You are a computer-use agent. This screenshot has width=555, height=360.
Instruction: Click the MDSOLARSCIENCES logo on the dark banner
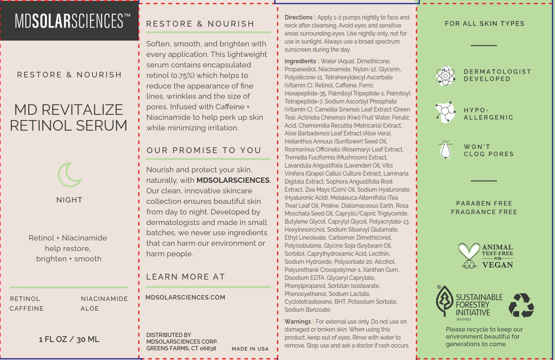coord(72,21)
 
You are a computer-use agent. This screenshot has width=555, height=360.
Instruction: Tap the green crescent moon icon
coord(70,175)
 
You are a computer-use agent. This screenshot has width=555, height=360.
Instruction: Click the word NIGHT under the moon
coord(70,200)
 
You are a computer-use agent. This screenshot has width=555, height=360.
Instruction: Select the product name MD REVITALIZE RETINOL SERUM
coord(69,117)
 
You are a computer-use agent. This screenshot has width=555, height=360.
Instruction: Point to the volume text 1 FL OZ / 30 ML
coord(69,339)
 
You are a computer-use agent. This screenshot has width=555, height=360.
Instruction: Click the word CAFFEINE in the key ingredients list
coord(27,309)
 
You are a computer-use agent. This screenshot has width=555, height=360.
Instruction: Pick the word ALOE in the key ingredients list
coord(90,309)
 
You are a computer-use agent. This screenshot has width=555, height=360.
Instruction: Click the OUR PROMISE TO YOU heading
coord(204,150)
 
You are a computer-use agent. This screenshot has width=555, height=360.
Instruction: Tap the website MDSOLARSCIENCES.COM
coord(186,297)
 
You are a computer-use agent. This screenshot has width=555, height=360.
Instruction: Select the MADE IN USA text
coord(250,349)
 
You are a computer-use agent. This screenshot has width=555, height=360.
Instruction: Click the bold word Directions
coord(298,18)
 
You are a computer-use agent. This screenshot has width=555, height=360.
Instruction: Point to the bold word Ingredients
coord(300,61)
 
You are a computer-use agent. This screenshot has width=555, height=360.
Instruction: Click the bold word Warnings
coord(298,322)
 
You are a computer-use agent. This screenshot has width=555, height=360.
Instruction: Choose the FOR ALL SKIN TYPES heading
coord(485,24)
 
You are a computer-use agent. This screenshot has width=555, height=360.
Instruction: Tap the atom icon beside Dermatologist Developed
coord(446,75)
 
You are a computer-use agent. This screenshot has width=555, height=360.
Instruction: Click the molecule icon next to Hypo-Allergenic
coord(446,112)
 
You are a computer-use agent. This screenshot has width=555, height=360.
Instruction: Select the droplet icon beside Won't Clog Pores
coord(446,150)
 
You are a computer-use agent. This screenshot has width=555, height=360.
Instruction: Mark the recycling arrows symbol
coord(521,306)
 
